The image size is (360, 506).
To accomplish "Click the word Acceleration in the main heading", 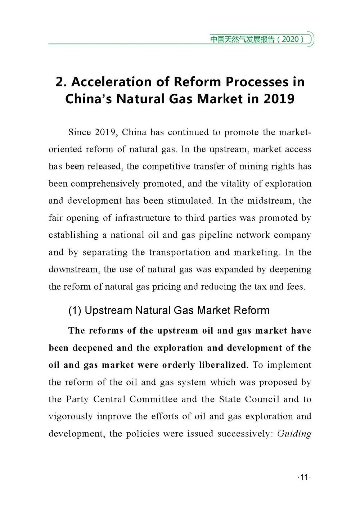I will click(x=111, y=82).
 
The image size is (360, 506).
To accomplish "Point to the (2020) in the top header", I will click(x=291, y=39).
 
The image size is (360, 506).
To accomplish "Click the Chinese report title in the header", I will click(x=242, y=39).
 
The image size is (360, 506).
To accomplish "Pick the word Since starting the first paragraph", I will click(x=80, y=132).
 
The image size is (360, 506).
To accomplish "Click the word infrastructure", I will click(x=142, y=218).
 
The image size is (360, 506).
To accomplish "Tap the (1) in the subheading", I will click(x=75, y=311).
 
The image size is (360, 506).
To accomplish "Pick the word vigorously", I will click(x=71, y=417).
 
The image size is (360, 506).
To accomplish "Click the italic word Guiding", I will click(x=294, y=434).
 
